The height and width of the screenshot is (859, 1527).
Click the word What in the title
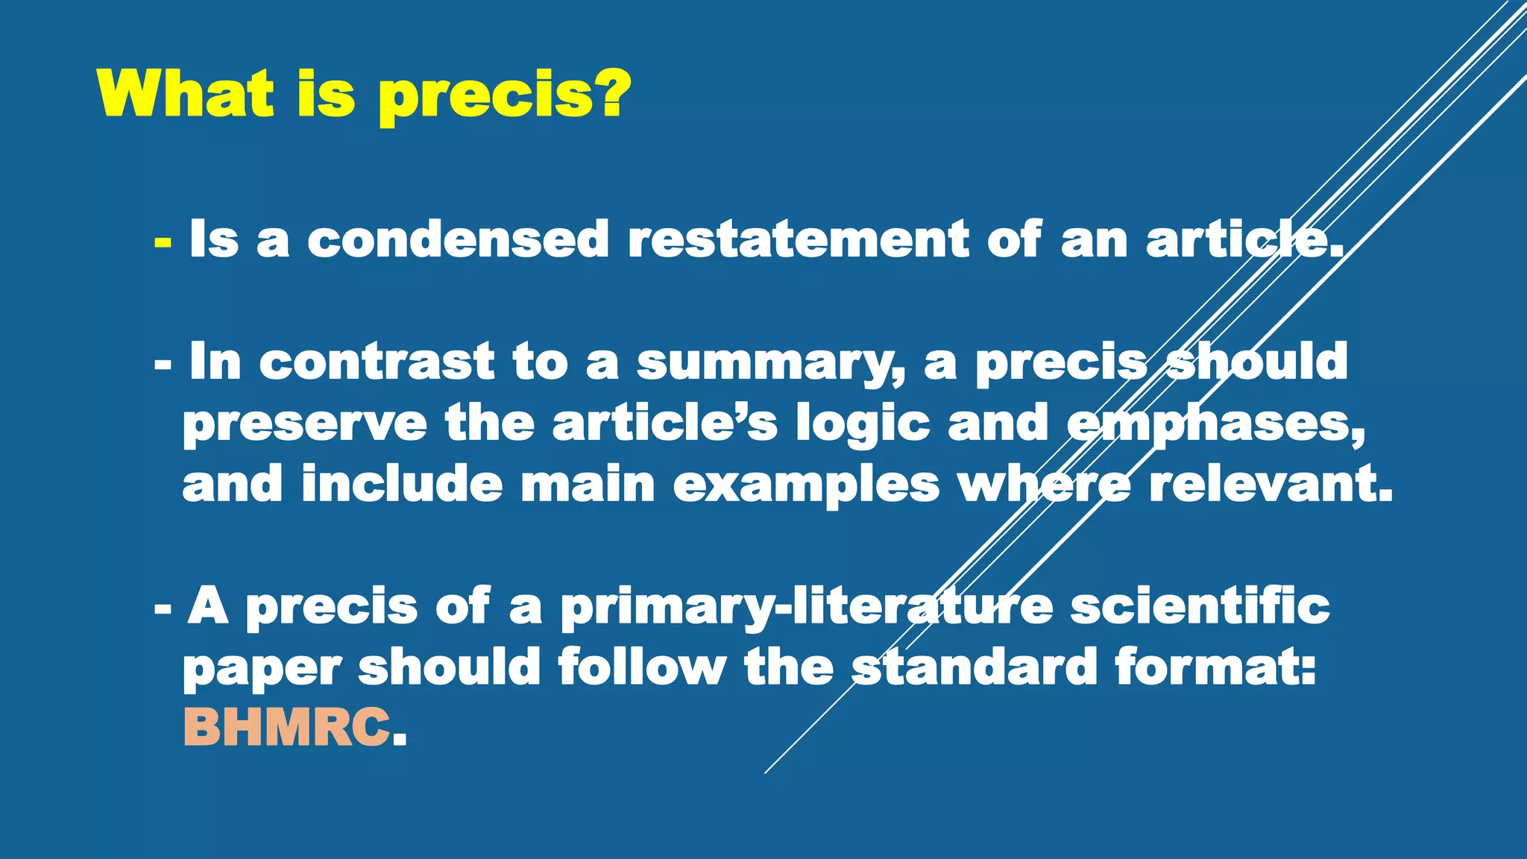(x=186, y=95)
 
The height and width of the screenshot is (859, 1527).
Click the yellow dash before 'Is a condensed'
(x=163, y=242)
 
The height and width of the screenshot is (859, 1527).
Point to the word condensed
(x=458, y=239)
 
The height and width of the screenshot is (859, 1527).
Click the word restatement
(x=798, y=239)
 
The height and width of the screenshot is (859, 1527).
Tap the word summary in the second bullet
(x=770, y=363)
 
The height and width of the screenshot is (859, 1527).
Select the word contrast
(x=377, y=362)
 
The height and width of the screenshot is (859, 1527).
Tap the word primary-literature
(x=806, y=608)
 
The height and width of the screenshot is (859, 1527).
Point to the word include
(x=402, y=484)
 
